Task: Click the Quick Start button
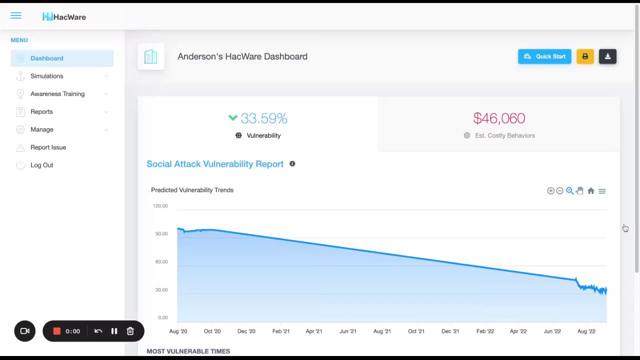click(544, 56)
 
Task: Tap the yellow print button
click(585, 56)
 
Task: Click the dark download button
click(607, 56)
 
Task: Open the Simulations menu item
click(47, 76)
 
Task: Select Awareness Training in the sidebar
click(57, 94)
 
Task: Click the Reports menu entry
click(41, 111)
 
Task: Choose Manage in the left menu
click(42, 129)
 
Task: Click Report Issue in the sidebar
click(48, 147)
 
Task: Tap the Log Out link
click(41, 165)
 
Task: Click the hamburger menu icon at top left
click(16, 16)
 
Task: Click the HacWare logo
click(64, 17)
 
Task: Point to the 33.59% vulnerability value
click(263, 118)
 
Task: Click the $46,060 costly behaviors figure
click(499, 118)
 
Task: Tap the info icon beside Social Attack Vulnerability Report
click(292, 164)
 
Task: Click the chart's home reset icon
click(591, 191)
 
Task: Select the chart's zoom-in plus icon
click(550, 191)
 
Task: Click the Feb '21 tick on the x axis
click(281, 331)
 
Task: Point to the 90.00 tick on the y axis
click(161, 233)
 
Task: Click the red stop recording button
click(57, 331)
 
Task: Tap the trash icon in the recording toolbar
click(130, 331)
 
